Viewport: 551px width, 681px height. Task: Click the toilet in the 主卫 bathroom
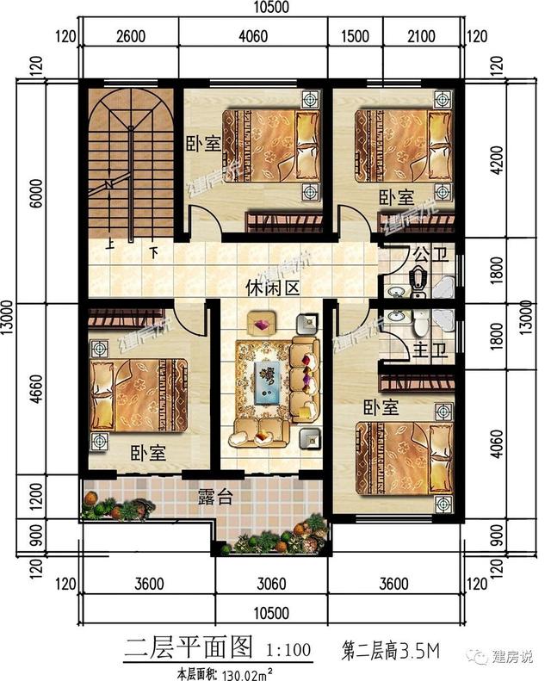[x=420, y=324]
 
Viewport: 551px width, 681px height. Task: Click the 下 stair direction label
[x=154, y=252]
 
